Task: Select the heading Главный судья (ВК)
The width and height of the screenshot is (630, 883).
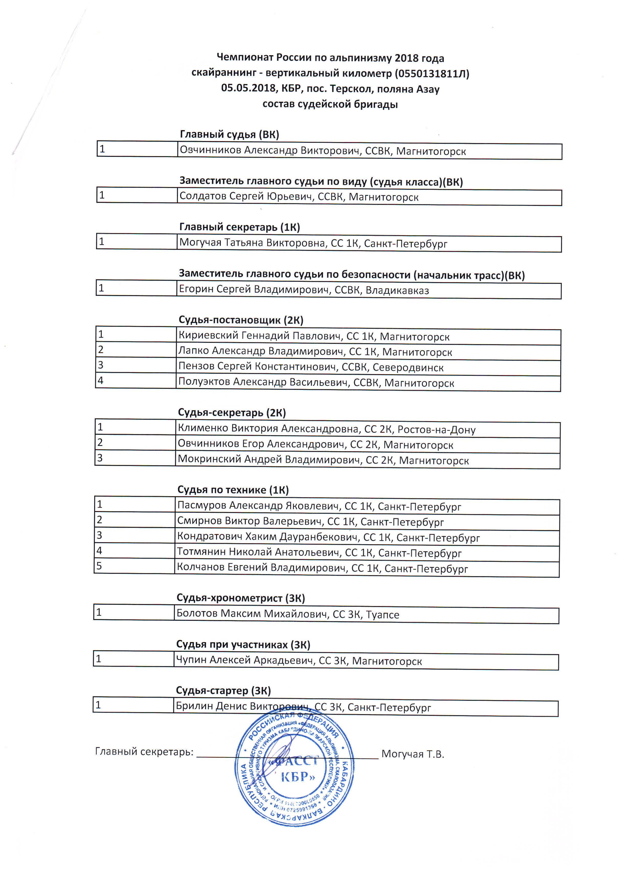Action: point(229,134)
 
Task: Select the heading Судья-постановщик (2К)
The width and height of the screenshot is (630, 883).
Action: point(241,320)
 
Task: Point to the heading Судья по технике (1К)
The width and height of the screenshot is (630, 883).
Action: point(233,490)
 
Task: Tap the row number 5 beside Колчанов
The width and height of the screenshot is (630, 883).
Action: point(99,566)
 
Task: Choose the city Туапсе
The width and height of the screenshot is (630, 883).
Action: point(382,615)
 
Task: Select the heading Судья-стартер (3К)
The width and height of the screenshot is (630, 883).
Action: point(223,691)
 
